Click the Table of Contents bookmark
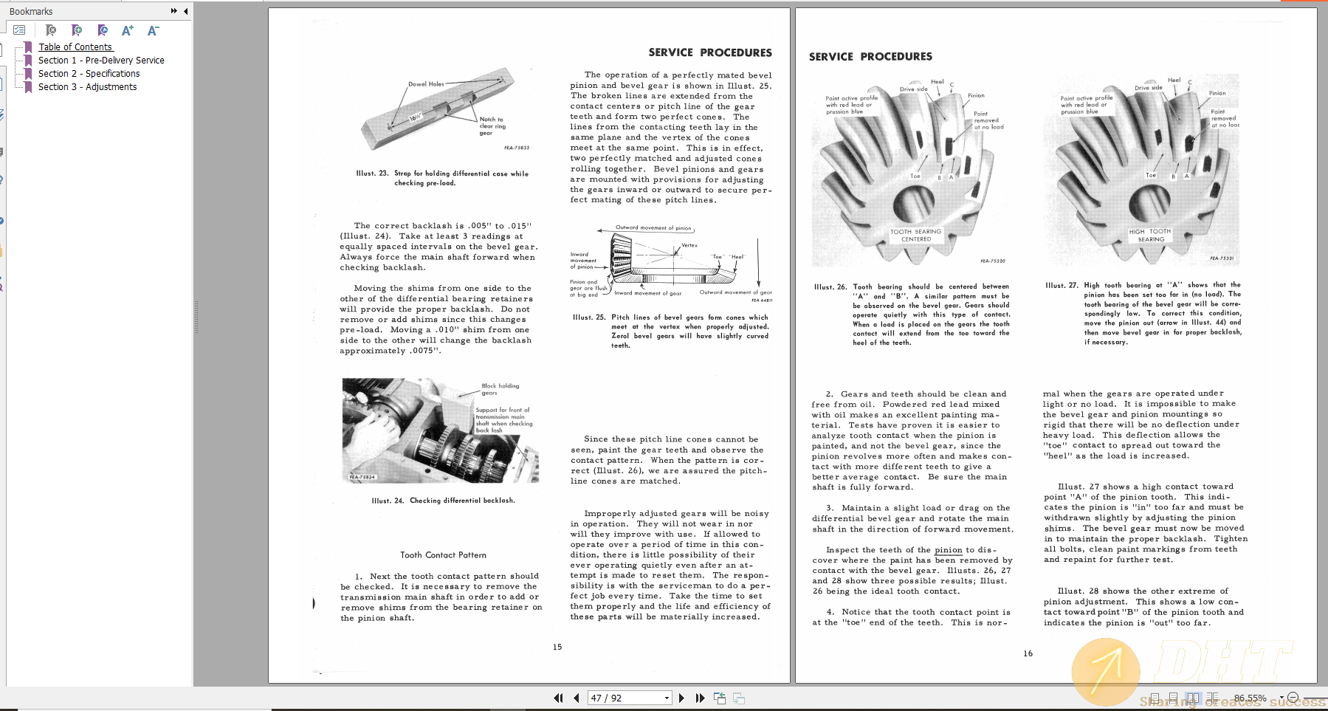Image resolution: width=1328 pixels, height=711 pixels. pyautogui.click(x=75, y=47)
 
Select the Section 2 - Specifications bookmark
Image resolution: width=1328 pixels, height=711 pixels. pyautogui.click(x=89, y=73)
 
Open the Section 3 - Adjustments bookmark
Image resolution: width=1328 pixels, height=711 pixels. pyautogui.click(x=87, y=86)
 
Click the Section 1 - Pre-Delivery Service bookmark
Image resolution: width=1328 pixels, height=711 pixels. pyautogui.click(x=101, y=60)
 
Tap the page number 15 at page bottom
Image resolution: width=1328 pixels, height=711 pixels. pyautogui.click(x=557, y=647)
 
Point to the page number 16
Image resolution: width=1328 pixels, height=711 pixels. pyautogui.click(x=1028, y=653)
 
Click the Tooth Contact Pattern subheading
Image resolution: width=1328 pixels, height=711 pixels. pyautogui.click(x=443, y=554)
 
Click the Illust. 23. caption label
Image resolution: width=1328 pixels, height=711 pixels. pyautogui.click(x=372, y=174)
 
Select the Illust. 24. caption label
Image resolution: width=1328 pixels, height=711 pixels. pyautogui.click(x=388, y=501)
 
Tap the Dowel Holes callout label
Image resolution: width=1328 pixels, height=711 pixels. pyautogui.click(x=426, y=84)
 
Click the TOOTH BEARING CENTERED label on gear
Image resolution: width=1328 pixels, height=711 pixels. pyautogui.click(x=915, y=235)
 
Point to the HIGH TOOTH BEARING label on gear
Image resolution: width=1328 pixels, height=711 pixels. pyautogui.click(x=1150, y=235)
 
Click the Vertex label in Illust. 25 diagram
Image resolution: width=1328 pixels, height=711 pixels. pyautogui.click(x=689, y=245)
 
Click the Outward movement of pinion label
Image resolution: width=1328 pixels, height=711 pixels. pyautogui.click(x=653, y=227)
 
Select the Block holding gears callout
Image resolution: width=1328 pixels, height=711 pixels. pyautogui.click(x=500, y=389)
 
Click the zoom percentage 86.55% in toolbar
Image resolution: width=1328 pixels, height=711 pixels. pyautogui.click(x=1250, y=698)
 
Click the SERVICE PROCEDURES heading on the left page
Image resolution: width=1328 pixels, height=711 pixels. pyautogui.click(x=709, y=52)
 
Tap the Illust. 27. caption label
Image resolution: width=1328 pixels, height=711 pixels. pyautogui.click(x=1062, y=285)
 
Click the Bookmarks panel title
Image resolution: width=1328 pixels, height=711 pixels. pyautogui.click(x=31, y=11)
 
